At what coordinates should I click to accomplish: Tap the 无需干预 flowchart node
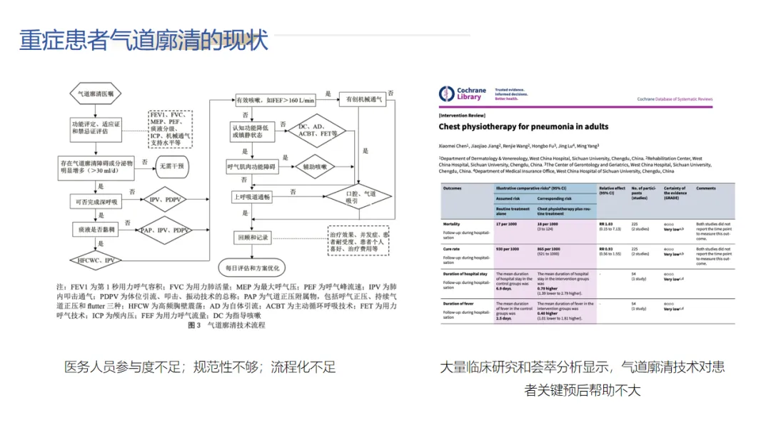(171, 166)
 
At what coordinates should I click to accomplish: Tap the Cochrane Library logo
(463, 94)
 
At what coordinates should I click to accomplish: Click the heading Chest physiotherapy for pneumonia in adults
(523, 126)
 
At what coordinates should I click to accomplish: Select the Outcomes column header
(453, 188)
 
